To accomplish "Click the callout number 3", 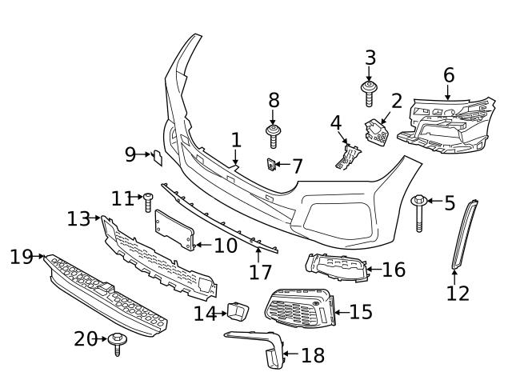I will click(370, 58).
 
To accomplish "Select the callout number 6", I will click(448, 75).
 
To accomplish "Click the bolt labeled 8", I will click(274, 135).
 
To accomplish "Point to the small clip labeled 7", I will click(272, 165).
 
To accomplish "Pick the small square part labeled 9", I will click(158, 157).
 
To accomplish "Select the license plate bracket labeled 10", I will click(175, 230).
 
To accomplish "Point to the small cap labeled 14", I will click(237, 310).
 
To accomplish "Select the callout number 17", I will click(260, 273).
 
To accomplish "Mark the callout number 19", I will click(21, 257).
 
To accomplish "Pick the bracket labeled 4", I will click(346, 154).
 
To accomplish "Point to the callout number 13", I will click(78, 218).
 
